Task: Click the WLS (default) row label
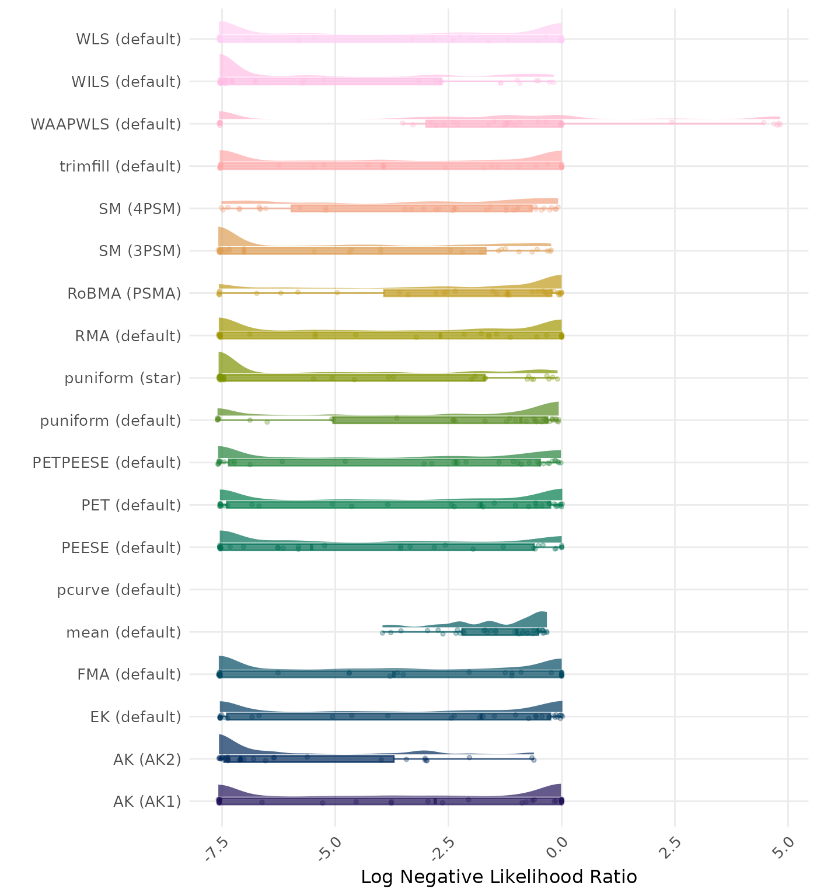click(128, 39)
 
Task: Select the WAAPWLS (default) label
click(106, 124)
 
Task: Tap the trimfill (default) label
click(120, 166)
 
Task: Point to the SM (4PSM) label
click(140, 209)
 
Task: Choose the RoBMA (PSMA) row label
click(124, 293)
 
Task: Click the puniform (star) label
click(123, 378)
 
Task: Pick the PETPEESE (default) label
click(107, 463)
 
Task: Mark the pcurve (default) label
click(119, 590)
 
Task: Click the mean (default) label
click(124, 632)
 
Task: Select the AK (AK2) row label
click(147, 759)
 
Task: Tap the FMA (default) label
click(129, 674)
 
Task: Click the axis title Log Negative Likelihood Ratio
click(499, 877)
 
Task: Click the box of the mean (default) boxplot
click(500, 632)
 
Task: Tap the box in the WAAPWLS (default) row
click(494, 124)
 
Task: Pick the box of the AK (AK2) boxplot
click(309, 759)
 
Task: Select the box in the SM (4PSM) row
click(411, 208)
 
